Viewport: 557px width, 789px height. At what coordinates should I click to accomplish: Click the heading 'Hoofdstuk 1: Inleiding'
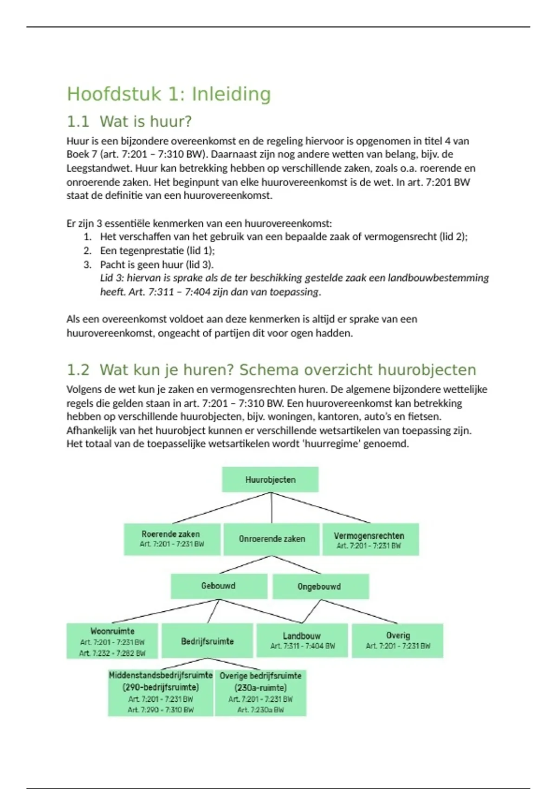tap(168, 94)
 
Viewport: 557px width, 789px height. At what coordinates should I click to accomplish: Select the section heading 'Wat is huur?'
tap(145, 122)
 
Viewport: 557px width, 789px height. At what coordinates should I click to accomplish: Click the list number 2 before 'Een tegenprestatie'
tap(88, 251)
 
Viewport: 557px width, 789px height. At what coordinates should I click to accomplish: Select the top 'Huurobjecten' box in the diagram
tap(270, 479)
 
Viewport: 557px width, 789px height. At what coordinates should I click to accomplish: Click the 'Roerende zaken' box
tap(172, 539)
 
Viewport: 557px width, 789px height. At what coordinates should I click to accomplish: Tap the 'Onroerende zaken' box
tap(272, 539)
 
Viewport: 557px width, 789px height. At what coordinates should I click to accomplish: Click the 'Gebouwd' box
tap(219, 586)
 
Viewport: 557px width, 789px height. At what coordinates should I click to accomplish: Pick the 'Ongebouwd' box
tap(320, 587)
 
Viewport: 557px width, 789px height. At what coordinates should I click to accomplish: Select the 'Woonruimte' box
tap(112, 641)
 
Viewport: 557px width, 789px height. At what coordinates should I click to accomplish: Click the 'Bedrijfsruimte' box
tap(207, 641)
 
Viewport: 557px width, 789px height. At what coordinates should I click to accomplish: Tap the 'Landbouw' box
tap(302, 640)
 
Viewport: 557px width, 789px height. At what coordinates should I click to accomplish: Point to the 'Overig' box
tap(398, 640)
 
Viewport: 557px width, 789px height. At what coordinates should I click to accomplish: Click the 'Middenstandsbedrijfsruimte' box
tap(161, 692)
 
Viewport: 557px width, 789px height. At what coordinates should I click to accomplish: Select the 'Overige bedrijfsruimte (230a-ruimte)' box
tap(260, 692)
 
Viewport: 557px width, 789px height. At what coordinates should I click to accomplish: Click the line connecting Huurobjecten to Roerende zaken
tap(221, 508)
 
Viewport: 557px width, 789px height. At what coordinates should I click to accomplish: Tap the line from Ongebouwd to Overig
tap(360, 611)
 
